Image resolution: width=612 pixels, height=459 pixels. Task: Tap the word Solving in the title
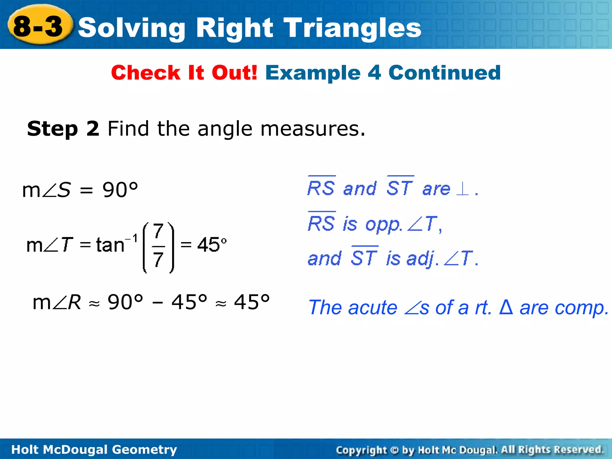click(x=131, y=28)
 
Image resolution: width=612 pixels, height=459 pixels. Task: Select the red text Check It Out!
click(x=184, y=73)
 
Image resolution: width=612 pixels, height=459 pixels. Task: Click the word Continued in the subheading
click(x=444, y=73)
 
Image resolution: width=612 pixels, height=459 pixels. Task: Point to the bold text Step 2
click(x=63, y=129)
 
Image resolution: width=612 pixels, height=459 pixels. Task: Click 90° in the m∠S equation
click(x=120, y=190)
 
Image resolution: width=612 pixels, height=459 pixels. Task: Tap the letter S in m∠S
click(x=64, y=190)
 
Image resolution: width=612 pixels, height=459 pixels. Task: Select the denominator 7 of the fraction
click(x=158, y=259)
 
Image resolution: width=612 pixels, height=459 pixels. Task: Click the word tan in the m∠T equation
click(x=110, y=245)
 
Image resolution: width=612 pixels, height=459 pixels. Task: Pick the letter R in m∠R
click(x=74, y=302)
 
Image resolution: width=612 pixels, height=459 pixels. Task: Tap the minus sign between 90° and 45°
click(x=157, y=303)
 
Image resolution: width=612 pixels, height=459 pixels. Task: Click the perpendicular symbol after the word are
click(x=463, y=189)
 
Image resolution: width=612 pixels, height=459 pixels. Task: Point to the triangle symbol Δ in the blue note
click(x=506, y=307)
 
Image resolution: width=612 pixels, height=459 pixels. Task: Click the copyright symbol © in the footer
click(x=394, y=450)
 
